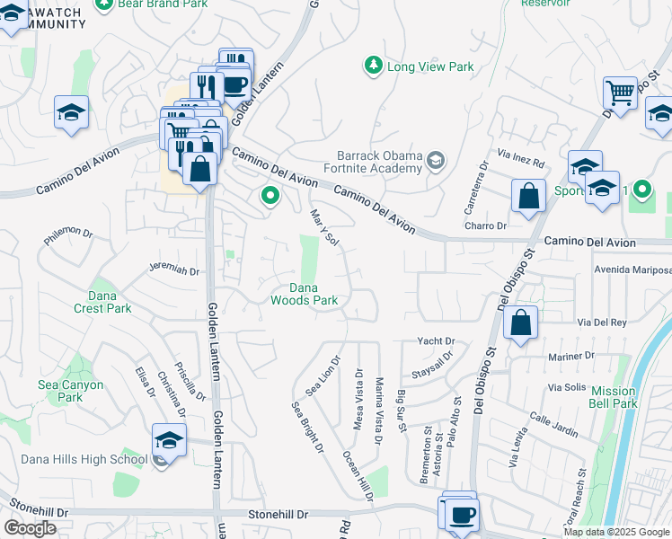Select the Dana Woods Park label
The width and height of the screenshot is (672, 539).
click(x=304, y=294)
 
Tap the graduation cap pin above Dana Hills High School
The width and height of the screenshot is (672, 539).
click(x=169, y=440)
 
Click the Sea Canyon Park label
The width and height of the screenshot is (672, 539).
click(x=70, y=391)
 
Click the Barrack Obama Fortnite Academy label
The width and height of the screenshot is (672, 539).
click(x=379, y=161)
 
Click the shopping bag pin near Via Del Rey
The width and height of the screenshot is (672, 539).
click(x=520, y=323)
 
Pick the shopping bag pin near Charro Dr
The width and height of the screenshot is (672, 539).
click(x=529, y=196)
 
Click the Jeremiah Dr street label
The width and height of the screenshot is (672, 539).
click(x=174, y=269)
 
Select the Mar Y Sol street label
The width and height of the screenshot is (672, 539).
click(x=323, y=227)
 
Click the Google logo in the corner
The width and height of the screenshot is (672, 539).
click(x=30, y=528)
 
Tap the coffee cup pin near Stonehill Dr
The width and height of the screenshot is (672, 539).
click(x=463, y=516)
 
